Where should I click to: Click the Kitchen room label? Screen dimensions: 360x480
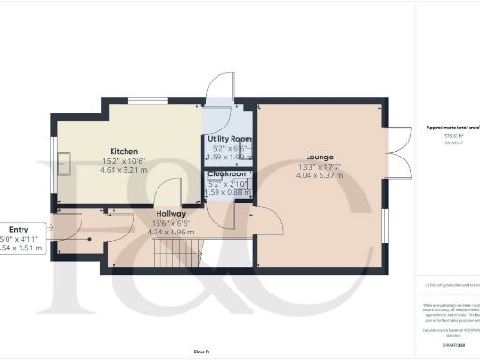click(x=124, y=151)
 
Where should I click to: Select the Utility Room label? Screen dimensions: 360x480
click(x=229, y=139)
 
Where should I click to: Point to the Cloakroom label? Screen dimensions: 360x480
click(x=228, y=174)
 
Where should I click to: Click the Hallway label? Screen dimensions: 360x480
click(x=170, y=214)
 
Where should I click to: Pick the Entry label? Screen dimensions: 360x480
click(x=19, y=229)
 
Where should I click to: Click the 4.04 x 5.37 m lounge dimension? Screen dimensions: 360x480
click(x=321, y=175)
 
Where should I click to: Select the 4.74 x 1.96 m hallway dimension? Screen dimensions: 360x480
click(x=170, y=232)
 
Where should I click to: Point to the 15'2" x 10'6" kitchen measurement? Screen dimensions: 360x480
click(x=125, y=161)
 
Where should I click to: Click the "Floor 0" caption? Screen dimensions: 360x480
click(x=200, y=351)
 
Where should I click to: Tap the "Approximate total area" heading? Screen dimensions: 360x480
click(x=452, y=127)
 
